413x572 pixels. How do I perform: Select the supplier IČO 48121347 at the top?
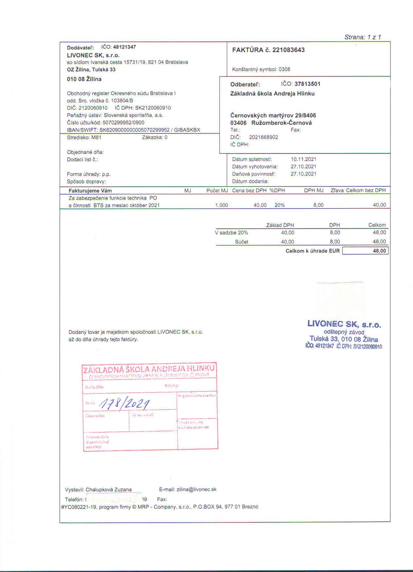pyautogui.click(x=124, y=47)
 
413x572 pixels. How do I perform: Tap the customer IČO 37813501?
pyautogui.click(x=307, y=84)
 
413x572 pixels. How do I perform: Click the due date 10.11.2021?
pyautogui.click(x=303, y=159)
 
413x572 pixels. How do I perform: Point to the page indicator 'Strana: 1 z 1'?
pyautogui.click(x=363, y=37)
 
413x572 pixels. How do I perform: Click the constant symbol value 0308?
pyautogui.click(x=284, y=69)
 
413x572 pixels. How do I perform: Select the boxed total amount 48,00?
pyautogui.click(x=379, y=251)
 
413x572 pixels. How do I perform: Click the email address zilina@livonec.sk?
pyautogui.click(x=196, y=489)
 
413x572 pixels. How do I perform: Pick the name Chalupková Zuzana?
pyautogui.click(x=108, y=490)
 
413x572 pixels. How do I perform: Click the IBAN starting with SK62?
pyautogui.click(x=134, y=130)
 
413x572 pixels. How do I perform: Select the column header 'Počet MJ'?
pyautogui.click(x=217, y=191)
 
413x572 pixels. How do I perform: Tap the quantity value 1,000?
pyautogui.click(x=222, y=205)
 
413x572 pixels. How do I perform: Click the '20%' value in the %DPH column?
pyautogui.click(x=279, y=205)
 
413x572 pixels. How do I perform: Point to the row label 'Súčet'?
pyautogui.click(x=241, y=242)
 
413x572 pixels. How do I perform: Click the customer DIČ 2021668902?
pyautogui.click(x=263, y=137)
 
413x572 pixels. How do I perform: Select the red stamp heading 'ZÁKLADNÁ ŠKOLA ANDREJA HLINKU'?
pyautogui.click(x=149, y=369)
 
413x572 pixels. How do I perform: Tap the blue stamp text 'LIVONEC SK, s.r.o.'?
pyautogui.click(x=344, y=325)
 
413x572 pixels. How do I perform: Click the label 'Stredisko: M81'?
pyautogui.click(x=84, y=137)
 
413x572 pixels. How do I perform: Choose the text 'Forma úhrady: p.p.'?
pyautogui.click(x=89, y=174)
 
